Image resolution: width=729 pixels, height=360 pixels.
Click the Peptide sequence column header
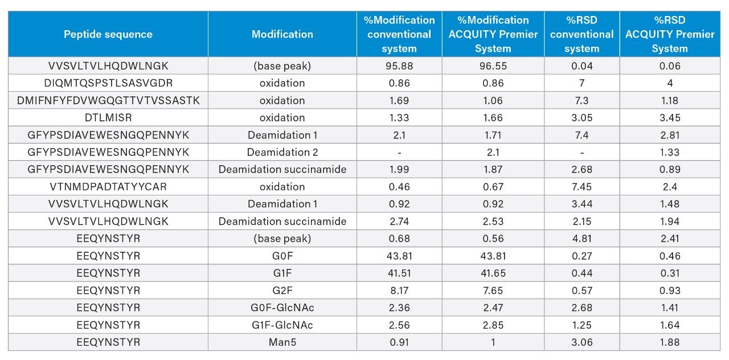pyautogui.click(x=108, y=34)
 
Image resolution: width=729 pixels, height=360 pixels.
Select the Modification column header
pyautogui.click(x=282, y=34)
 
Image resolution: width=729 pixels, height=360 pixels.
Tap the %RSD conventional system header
pyautogui.click(x=581, y=34)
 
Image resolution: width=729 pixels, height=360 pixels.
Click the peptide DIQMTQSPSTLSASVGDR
pyautogui.click(x=108, y=83)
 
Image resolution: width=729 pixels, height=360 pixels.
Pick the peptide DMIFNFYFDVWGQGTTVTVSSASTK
pyautogui.click(x=108, y=100)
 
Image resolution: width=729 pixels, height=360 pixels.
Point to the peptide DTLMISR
pyautogui.click(x=108, y=118)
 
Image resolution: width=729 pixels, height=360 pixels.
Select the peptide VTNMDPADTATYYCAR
pyautogui.click(x=108, y=187)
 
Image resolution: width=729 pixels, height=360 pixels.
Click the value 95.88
pyautogui.click(x=399, y=66)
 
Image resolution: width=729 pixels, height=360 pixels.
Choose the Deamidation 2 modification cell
pyautogui.click(x=282, y=153)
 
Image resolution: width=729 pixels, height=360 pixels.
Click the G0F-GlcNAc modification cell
pyautogui.click(x=282, y=308)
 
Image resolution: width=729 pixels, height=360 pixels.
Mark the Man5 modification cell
pyautogui.click(x=282, y=342)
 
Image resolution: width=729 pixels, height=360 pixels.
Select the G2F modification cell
pyautogui.click(x=282, y=291)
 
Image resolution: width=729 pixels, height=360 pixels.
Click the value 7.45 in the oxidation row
pyautogui.click(x=581, y=187)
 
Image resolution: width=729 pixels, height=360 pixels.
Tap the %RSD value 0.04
pyautogui.click(x=581, y=66)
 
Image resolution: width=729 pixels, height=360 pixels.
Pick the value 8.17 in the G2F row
pyautogui.click(x=399, y=291)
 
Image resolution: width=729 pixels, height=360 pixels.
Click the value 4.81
pyautogui.click(x=581, y=239)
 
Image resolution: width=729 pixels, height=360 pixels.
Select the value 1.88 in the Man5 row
pyautogui.click(x=670, y=342)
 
